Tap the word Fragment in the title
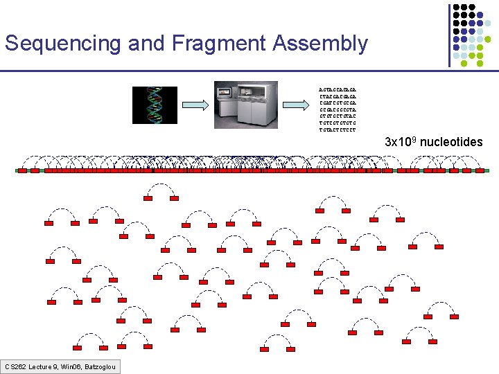pyautogui.click(x=218, y=44)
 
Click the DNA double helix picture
pyautogui.click(x=150, y=105)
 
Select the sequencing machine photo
pyautogui.click(x=245, y=105)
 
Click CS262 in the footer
pyautogui.click(x=15, y=366)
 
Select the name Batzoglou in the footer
pyautogui.click(x=100, y=366)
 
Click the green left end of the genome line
pyautogui.click(x=17, y=170)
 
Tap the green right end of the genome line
pyautogui.click(x=487, y=170)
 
